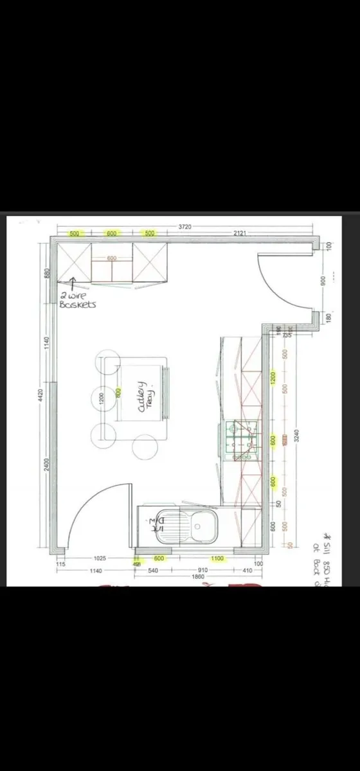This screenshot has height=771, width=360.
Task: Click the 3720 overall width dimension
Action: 185,227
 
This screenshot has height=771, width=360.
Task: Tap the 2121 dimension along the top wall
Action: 239,233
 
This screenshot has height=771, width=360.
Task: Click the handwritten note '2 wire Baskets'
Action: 78,300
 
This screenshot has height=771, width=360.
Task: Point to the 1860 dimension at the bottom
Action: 198,576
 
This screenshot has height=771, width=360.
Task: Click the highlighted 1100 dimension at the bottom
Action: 217,558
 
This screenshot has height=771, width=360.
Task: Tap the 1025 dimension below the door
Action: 99,558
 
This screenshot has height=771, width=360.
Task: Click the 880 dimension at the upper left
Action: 46,273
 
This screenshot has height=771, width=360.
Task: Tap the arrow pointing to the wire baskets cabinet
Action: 72,283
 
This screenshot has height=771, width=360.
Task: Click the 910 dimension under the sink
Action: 202,570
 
